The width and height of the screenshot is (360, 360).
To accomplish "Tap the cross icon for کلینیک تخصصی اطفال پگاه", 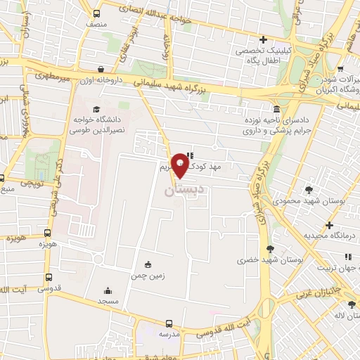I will click(263, 39).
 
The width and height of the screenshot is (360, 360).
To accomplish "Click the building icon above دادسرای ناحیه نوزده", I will click(276, 110).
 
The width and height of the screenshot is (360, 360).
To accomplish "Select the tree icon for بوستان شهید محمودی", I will click(309, 189).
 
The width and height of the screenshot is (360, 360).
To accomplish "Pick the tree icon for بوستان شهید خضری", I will click(271, 247).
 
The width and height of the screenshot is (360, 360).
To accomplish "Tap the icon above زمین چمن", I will click(148, 264).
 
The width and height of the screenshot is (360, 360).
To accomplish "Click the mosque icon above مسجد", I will click(108, 290).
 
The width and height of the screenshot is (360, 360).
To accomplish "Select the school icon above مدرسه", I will click(168, 323).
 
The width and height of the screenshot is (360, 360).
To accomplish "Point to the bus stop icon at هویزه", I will click(48, 233).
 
